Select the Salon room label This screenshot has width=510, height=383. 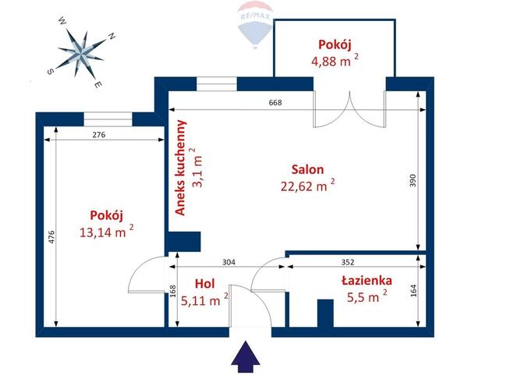coord(307,169)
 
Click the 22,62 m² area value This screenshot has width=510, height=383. coord(307,185)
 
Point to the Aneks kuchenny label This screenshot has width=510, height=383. coord(181,167)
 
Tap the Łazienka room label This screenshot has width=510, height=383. coord(366,281)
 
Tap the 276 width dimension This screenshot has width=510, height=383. coord(98,135)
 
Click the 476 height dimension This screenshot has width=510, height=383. coord(51,237)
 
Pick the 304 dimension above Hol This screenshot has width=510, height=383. coord(230,262)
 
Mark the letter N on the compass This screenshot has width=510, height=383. coord(112,36)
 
